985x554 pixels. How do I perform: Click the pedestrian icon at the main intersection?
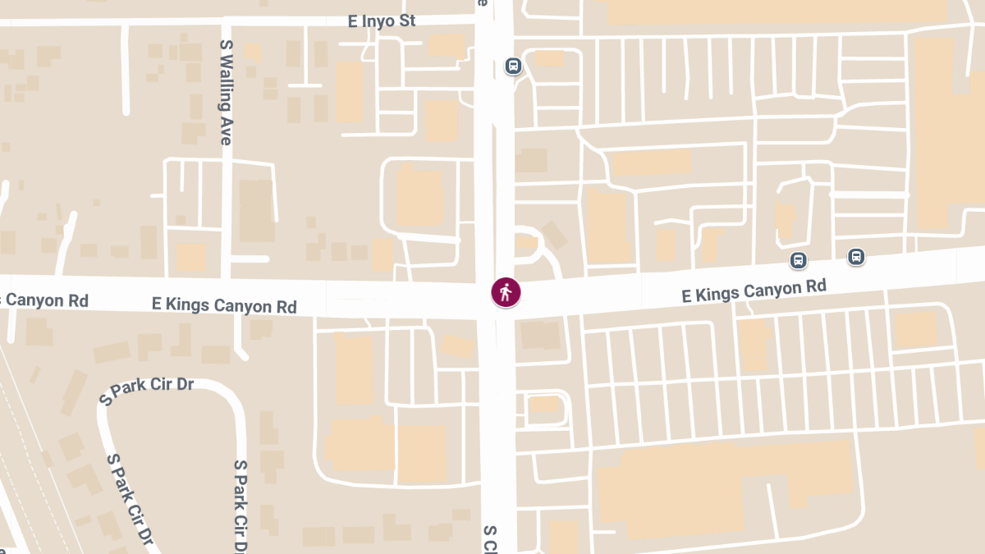point(506,292)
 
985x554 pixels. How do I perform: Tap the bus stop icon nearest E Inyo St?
point(513,66)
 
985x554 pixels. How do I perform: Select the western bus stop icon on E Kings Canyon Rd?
point(798,260)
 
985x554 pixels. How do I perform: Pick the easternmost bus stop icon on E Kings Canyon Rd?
point(856,256)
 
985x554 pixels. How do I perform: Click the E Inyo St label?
point(382,21)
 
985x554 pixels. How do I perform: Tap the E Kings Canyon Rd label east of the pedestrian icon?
point(754,291)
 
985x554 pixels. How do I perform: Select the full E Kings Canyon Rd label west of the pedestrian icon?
point(224,305)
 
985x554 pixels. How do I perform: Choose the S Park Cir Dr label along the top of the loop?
point(146,391)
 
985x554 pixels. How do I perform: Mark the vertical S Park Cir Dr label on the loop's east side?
point(241,505)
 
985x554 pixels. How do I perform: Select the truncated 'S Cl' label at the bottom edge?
point(490,539)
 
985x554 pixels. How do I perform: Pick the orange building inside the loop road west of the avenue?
point(419,197)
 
